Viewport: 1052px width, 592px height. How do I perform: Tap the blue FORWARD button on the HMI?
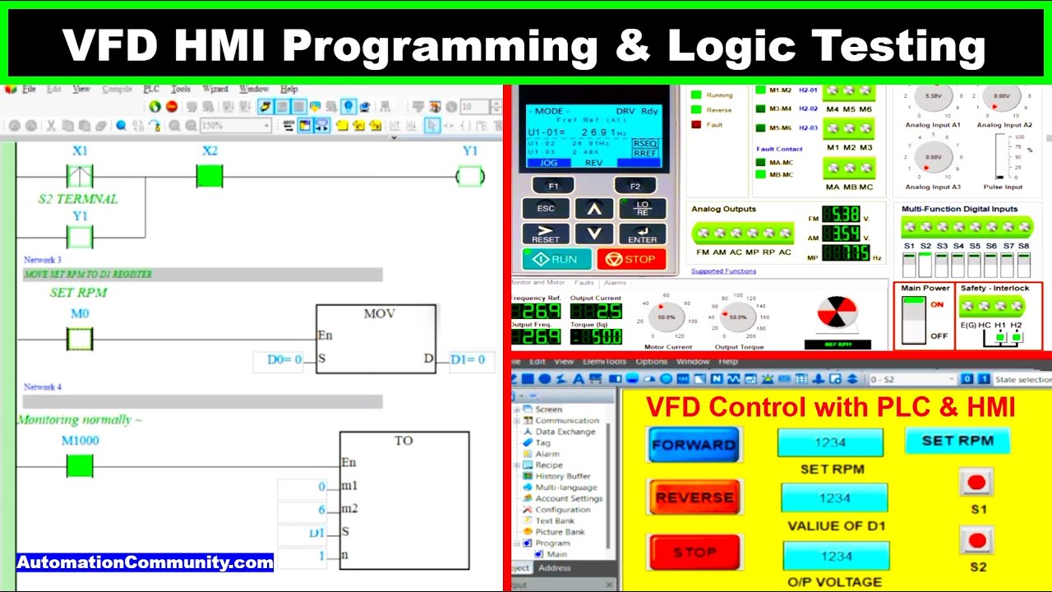click(694, 445)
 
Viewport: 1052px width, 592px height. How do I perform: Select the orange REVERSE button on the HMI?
click(694, 497)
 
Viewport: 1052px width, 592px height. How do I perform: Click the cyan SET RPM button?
click(957, 442)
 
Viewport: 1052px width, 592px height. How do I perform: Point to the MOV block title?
click(379, 314)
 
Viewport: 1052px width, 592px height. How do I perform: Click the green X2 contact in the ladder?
click(210, 176)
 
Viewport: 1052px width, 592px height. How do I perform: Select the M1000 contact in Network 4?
click(80, 466)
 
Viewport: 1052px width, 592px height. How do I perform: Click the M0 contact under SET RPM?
click(80, 339)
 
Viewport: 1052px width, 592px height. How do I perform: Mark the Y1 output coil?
click(469, 176)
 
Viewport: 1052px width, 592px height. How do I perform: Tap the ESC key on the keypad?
click(546, 209)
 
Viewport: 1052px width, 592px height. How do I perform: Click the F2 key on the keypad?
click(634, 187)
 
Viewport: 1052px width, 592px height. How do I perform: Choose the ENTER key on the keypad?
click(642, 234)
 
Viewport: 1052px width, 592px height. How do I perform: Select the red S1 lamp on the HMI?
click(977, 482)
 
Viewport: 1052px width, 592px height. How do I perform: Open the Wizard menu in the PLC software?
click(215, 89)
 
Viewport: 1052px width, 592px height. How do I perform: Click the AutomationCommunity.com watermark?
click(145, 563)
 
